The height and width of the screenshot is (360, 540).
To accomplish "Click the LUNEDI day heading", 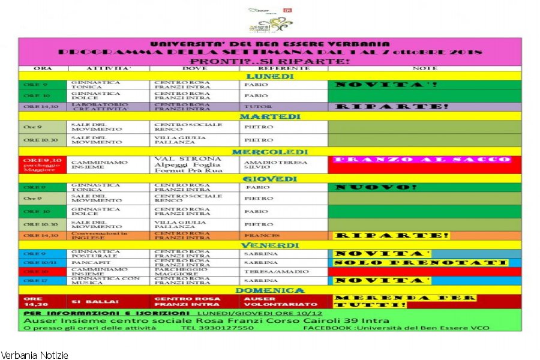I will pos(270,76).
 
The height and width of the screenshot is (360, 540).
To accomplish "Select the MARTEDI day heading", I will pos(270,116).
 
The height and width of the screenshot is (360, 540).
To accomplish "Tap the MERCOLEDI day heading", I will pos(270,152).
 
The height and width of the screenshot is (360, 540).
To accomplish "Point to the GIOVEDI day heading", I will pos(270,179).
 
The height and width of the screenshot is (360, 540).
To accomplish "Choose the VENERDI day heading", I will pos(270,245).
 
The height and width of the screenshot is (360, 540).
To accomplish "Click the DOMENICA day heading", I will pos(270,290).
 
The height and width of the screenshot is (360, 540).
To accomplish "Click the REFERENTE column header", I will pos(283,68).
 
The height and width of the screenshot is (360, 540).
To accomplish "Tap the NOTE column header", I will pos(425,68).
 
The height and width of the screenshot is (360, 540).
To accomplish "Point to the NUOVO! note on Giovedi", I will pos(376,187).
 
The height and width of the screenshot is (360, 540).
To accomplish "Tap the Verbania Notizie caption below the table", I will pos(34,355).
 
